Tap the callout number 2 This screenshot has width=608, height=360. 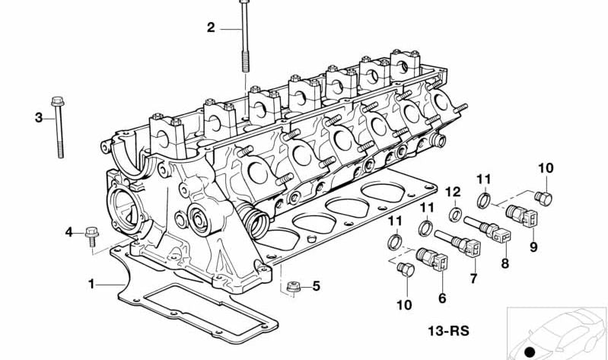click(212, 28)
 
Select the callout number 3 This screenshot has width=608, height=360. click(39, 117)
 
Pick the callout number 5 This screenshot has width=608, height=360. click(317, 286)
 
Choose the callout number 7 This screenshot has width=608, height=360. click(473, 279)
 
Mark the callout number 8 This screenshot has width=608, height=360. click(503, 264)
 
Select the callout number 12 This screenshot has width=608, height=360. click(453, 191)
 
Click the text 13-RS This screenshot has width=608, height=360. click(447, 330)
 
